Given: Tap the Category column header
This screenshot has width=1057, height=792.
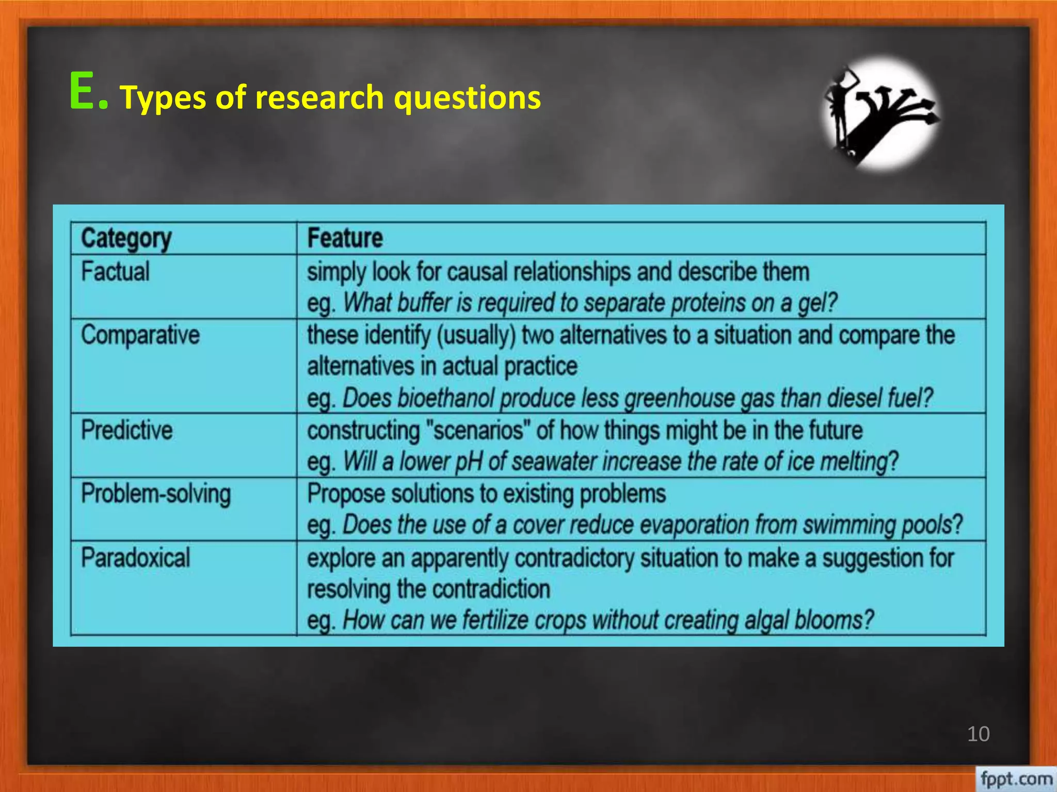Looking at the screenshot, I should [x=126, y=239].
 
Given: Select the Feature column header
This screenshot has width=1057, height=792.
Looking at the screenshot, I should [x=345, y=238].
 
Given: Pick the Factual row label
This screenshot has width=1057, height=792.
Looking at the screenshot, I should [x=116, y=272].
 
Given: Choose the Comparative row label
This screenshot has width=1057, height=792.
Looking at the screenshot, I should [x=140, y=335].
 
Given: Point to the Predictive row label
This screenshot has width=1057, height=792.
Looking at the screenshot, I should [x=127, y=430].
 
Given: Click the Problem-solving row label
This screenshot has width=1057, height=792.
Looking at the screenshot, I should [x=156, y=494].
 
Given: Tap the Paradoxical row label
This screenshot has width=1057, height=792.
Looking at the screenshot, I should [x=136, y=558].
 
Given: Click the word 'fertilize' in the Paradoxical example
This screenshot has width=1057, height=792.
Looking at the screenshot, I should [x=495, y=620].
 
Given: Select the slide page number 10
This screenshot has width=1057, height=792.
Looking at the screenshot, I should [x=978, y=734].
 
